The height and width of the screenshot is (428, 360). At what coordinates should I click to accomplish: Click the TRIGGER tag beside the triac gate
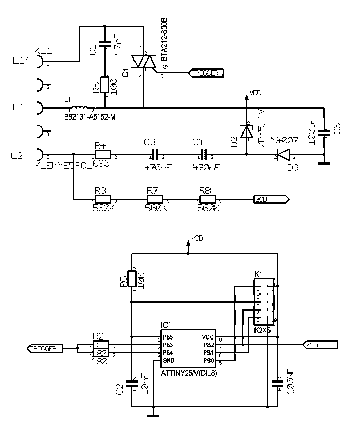point(207,73)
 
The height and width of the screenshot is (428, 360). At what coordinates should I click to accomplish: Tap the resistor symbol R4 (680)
point(102,154)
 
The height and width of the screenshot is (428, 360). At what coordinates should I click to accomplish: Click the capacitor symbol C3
point(155,154)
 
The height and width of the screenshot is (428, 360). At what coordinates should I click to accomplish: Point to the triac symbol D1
point(143,62)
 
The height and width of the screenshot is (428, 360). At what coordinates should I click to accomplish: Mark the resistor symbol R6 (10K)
point(132,279)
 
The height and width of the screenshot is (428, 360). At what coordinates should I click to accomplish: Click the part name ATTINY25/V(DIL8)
point(188,372)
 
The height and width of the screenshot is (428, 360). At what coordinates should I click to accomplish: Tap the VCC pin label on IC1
point(207,337)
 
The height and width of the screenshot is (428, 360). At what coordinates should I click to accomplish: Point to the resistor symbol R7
point(155,199)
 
